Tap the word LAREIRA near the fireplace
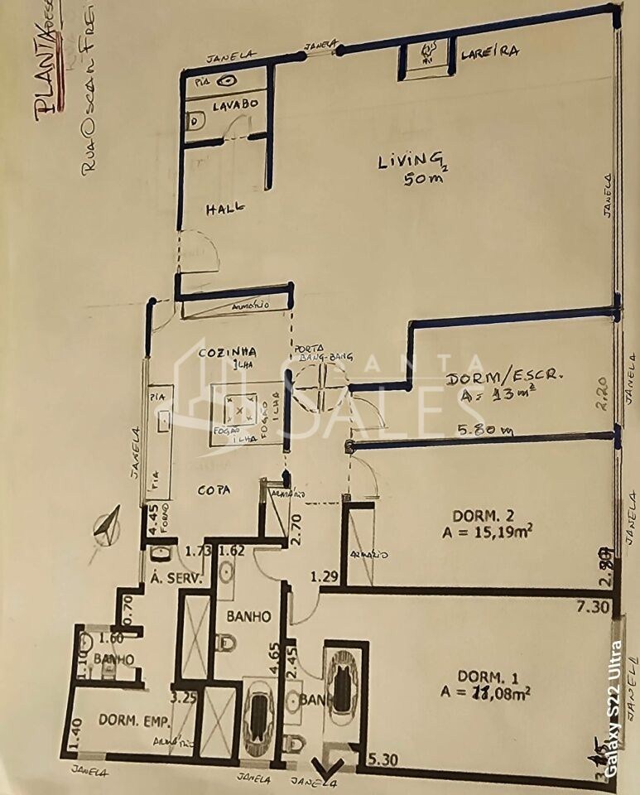(490, 51)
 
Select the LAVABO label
(235, 106)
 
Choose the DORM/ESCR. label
(504, 378)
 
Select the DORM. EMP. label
(129, 720)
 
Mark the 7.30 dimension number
(594, 607)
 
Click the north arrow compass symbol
(106, 527)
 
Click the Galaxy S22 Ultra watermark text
(614, 709)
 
